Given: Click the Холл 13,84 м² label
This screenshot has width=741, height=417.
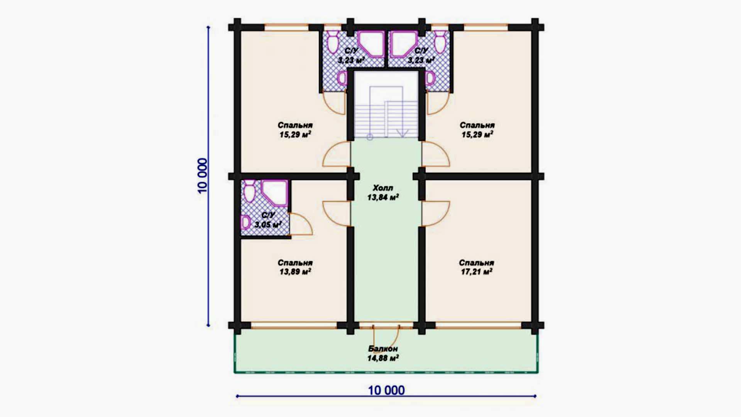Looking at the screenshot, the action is [x=383, y=193].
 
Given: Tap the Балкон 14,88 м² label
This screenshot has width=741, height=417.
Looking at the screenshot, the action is [x=383, y=353].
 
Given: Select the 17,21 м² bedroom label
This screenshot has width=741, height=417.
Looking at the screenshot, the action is [x=477, y=267].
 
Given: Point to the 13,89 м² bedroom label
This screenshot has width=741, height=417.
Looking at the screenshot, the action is [x=295, y=267].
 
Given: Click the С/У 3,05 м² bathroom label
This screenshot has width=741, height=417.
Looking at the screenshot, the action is [x=268, y=220].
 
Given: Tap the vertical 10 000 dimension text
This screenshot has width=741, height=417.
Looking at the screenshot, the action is [x=202, y=176].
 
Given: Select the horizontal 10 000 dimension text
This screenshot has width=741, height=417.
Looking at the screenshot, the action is [x=386, y=390].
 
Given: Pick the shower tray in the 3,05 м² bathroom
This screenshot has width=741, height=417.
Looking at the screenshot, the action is [x=275, y=193].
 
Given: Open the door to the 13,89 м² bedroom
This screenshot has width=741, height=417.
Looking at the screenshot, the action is [x=337, y=214].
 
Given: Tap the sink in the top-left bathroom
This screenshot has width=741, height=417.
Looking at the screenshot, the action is [x=342, y=78].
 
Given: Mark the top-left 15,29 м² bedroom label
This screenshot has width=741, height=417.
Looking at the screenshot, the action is [x=295, y=130].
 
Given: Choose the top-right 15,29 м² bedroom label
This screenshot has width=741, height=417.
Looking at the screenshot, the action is [x=477, y=130].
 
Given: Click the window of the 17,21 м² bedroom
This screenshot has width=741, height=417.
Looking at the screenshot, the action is [x=479, y=325].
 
